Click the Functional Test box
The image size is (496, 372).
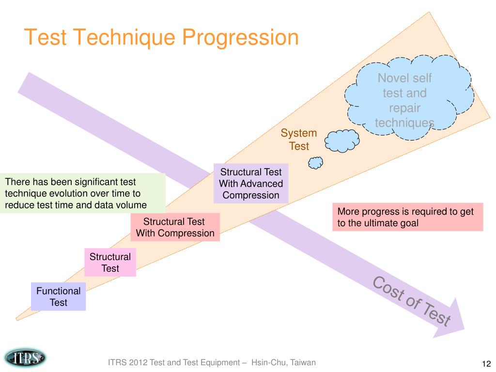click(x=58, y=296)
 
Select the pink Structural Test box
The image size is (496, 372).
click(x=110, y=262)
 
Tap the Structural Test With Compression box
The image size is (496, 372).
click(x=175, y=227)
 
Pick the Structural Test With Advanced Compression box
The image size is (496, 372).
click(x=251, y=184)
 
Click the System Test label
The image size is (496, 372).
click(x=298, y=139)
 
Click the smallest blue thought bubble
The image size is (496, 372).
click(x=315, y=163)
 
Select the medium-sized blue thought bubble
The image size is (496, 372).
click(x=342, y=141)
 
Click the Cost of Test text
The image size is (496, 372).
click(x=412, y=301)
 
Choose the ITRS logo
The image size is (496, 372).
click(x=25, y=358)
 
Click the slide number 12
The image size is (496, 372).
click(x=486, y=363)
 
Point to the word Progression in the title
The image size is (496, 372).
click(x=240, y=38)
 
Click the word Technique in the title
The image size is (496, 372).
click(x=124, y=38)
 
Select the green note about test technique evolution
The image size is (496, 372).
click(x=82, y=193)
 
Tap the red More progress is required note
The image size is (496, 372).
click(x=408, y=217)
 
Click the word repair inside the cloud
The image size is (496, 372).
click(x=404, y=108)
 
